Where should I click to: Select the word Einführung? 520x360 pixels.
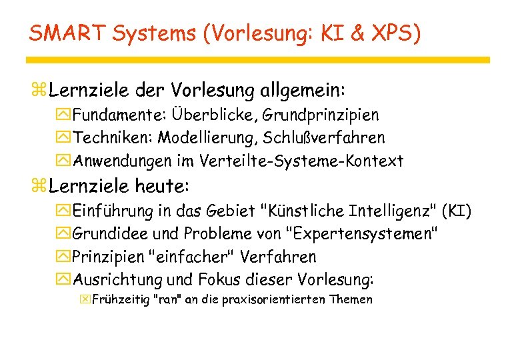coord(111,211)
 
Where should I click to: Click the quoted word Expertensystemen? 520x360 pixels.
coord(362,234)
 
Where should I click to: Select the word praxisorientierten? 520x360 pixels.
coord(275,300)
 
